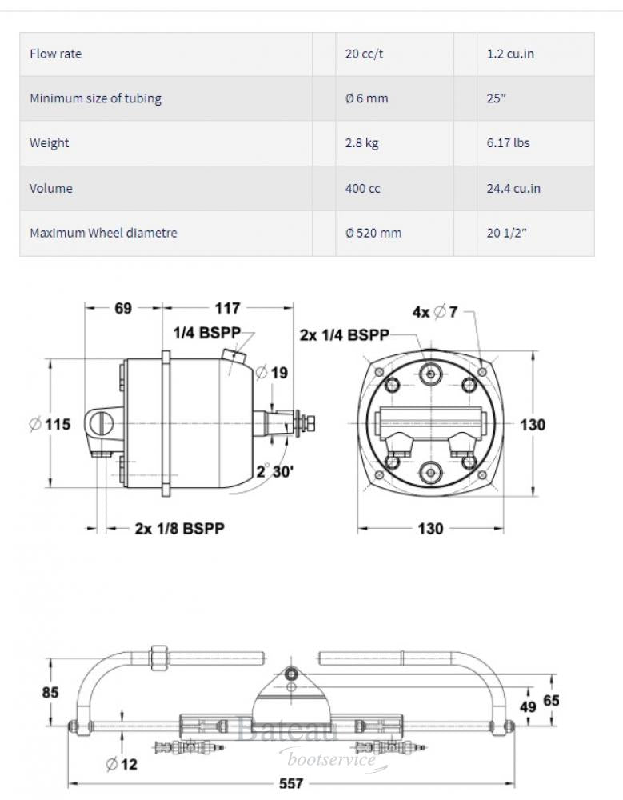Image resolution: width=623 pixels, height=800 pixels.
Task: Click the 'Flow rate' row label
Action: pos(55,54)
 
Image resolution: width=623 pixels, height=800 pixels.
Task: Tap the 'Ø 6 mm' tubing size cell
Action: pos(366,99)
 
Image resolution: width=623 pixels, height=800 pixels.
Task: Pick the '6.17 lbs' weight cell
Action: pos(508,143)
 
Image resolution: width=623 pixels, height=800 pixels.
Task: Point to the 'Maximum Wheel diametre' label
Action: pos(103,234)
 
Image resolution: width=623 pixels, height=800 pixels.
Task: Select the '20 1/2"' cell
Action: pos(506,234)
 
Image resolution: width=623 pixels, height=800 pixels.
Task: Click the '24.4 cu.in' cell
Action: pos(513,189)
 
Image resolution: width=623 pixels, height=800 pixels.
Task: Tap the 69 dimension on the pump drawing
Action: pos(122,308)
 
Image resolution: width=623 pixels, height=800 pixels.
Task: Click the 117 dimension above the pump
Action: pos(227,308)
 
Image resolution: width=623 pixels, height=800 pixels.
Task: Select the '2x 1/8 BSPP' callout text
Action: pos(179,528)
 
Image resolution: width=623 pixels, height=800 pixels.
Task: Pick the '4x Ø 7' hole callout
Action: pos(435,312)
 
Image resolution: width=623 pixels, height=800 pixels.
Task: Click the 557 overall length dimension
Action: pos(292,783)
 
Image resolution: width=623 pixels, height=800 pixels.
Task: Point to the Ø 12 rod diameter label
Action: pos(122,764)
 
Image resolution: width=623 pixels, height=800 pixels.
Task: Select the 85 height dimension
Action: pos(50,693)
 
